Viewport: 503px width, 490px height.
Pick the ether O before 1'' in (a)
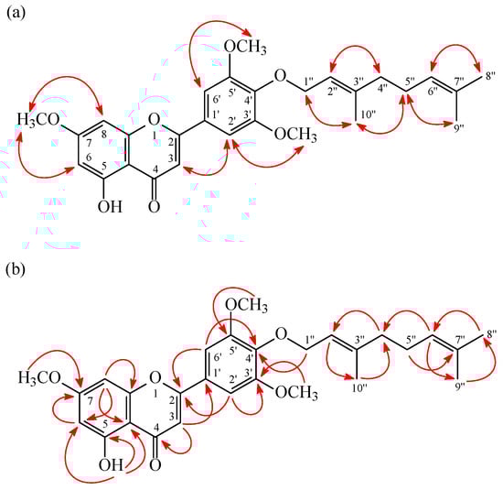pos(279,74)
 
